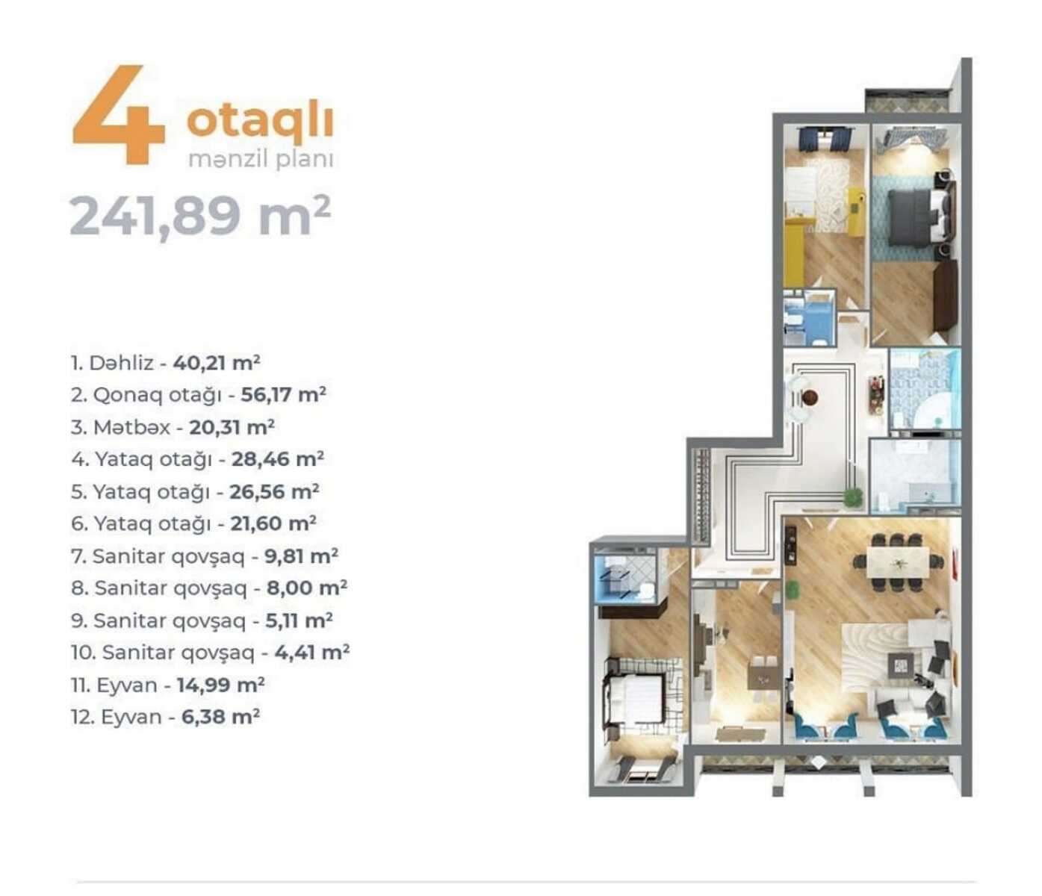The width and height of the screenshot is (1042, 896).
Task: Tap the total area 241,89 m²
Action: click(200, 217)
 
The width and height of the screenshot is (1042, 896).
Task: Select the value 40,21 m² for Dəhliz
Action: click(217, 363)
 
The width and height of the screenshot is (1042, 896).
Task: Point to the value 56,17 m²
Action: click(284, 394)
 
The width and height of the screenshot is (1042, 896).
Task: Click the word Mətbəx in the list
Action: click(131, 427)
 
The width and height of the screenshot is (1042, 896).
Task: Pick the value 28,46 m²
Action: click(278, 459)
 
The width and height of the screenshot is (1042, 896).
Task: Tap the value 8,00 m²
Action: click(307, 588)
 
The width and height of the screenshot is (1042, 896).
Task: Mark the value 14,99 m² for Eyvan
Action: click(221, 685)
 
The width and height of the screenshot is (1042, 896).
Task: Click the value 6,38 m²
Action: click(221, 717)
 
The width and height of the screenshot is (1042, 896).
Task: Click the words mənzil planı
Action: click(261, 161)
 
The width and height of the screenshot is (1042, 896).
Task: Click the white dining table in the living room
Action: click(898, 562)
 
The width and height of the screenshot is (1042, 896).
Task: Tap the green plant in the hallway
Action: click(852, 497)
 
